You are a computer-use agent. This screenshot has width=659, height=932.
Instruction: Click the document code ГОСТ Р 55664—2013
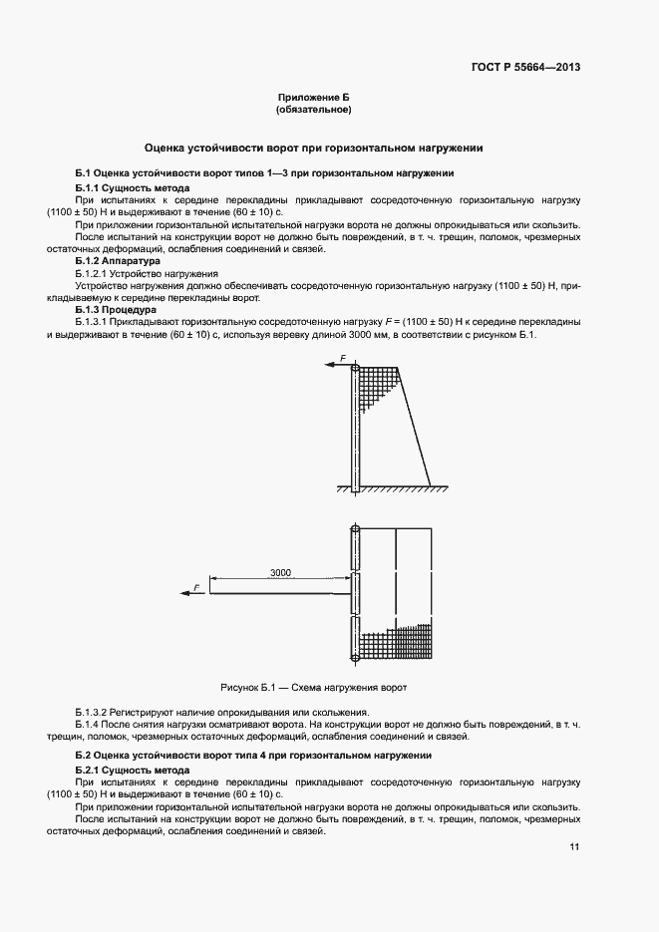525,68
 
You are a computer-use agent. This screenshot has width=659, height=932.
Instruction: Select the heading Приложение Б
314,97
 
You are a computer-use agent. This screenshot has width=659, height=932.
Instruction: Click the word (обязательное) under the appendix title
314,110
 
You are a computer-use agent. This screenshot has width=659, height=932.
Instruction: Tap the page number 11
574,847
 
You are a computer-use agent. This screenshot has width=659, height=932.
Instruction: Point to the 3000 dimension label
280,572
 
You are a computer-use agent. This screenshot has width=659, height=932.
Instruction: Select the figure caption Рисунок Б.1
313,688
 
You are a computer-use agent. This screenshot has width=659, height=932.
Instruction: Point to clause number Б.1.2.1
98,273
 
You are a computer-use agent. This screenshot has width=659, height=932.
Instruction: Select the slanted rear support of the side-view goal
416,429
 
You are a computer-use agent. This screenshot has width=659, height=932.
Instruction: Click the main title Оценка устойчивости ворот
314,147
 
